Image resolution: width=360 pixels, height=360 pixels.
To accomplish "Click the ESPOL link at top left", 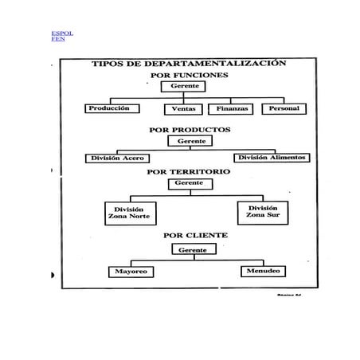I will coord(61,33).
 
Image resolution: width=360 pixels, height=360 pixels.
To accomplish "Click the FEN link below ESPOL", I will coord(57,39).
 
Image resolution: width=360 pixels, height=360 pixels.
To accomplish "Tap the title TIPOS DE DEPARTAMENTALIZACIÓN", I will coord(189,63).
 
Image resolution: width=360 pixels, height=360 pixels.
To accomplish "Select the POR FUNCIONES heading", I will coord(189,75).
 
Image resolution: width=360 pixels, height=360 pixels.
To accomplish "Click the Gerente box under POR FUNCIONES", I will coord(186,86).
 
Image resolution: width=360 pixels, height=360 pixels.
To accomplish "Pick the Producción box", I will coord(110,108).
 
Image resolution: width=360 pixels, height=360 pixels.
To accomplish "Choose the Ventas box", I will coord(184,109).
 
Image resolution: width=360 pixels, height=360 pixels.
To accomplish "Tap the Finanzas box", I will coord(230,108).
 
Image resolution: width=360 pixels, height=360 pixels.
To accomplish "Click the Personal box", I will coord(284,108).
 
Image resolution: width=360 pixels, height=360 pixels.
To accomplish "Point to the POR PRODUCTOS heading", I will coord(190,128).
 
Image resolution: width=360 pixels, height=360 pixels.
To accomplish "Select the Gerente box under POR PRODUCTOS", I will coord(191,141).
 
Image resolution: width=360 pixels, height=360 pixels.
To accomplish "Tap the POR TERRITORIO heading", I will coord(189,171).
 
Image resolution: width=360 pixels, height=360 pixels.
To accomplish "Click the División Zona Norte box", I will coord(131,213).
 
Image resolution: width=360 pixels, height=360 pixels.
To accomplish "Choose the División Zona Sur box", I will coord(262,211).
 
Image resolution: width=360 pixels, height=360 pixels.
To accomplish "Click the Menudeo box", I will coord(262,272).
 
